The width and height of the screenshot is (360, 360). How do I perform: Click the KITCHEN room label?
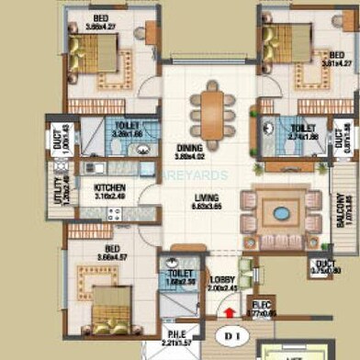click(x=109, y=186)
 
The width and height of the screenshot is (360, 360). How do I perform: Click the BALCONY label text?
click(x=339, y=214)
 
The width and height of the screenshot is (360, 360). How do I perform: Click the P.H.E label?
click(x=177, y=335)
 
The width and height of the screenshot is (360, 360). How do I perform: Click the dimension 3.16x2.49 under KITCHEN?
click(x=109, y=196)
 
